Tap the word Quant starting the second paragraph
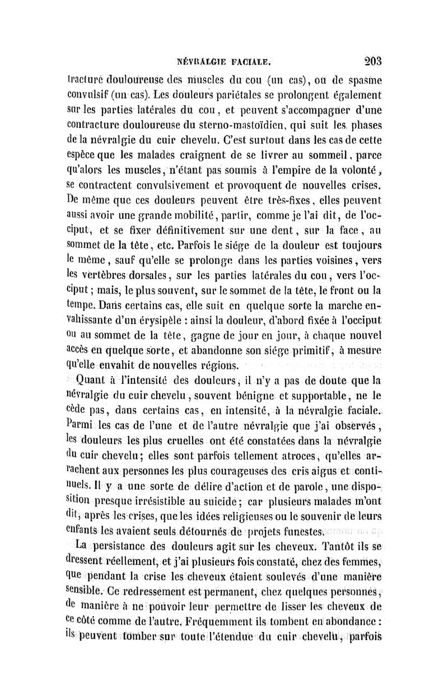coord(93,383)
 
